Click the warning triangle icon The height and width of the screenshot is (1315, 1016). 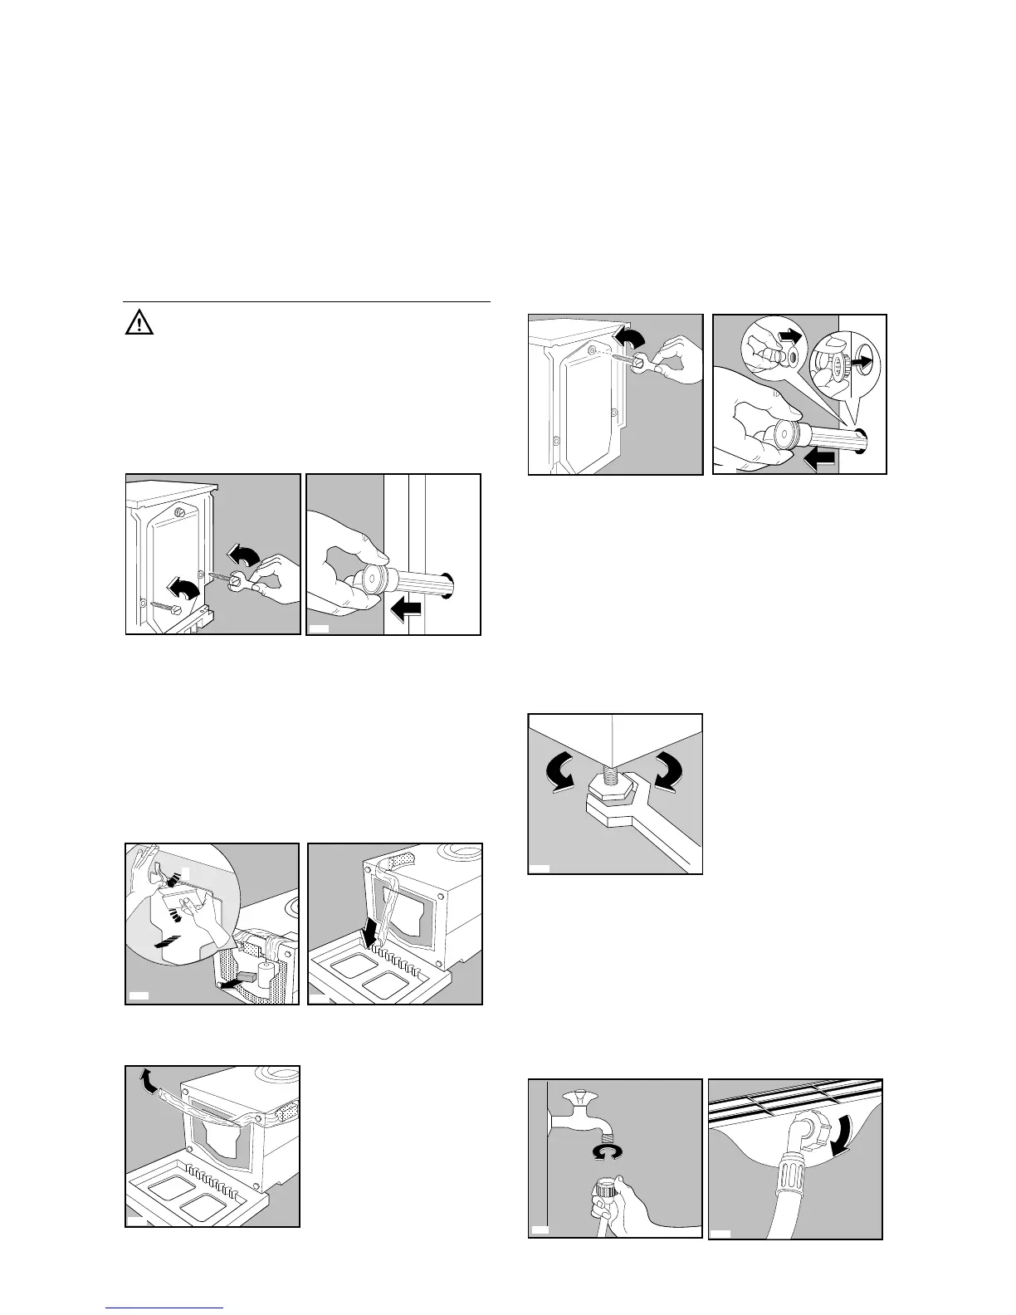(x=139, y=324)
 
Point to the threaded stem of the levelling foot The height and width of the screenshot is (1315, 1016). (x=615, y=765)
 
